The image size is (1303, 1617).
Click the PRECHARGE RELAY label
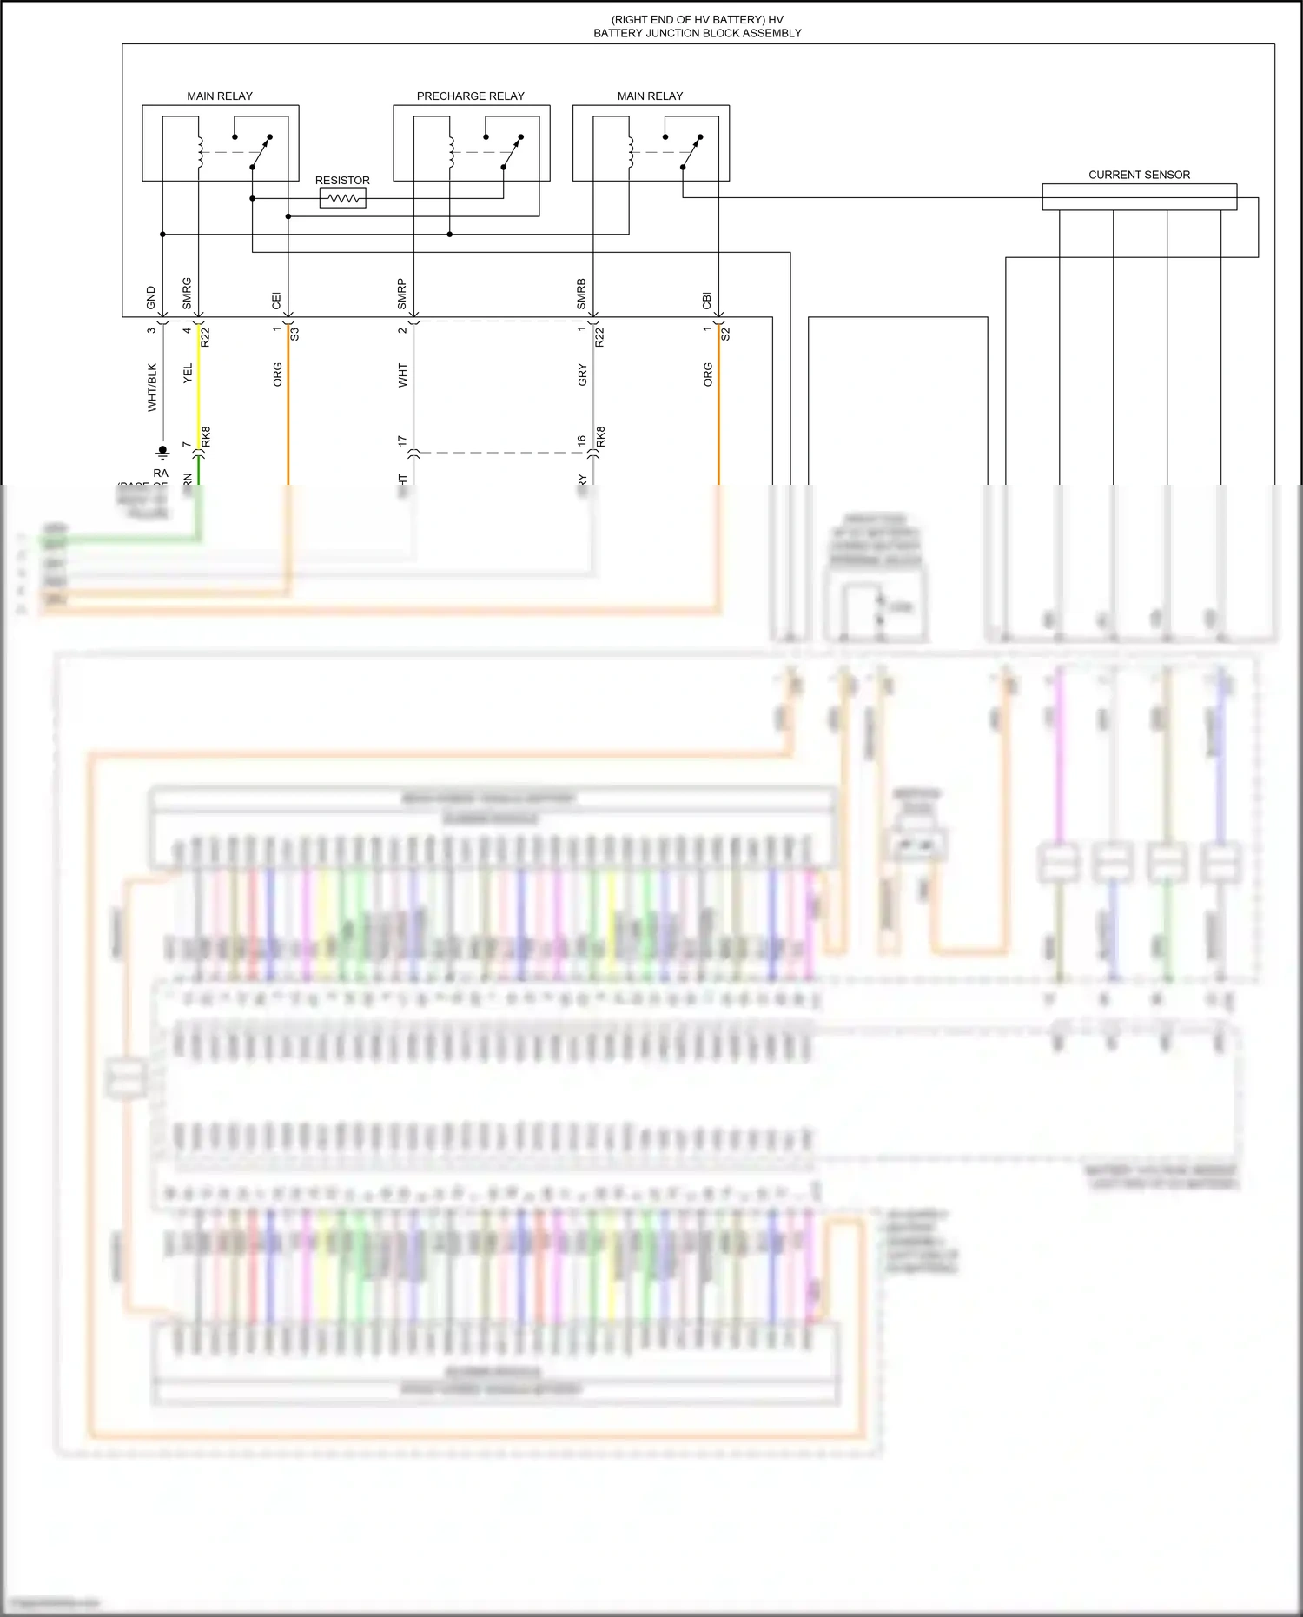click(470, 96)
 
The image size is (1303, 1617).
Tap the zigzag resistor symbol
click(343, 199)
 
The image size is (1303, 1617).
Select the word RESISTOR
click(342, 181)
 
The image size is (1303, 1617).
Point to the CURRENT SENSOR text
click(1139, 175)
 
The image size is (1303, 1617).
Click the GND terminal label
click(151, 298)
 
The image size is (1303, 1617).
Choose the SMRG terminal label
click(187, 294)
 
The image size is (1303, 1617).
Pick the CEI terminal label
click(276, 301)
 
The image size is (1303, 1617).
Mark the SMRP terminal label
click(401, 294)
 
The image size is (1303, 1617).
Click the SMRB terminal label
click(581, 294)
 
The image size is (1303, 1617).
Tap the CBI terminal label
click(707, 301)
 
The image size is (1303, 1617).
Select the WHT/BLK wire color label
click(152, 387)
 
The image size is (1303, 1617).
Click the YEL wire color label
click(188, 374)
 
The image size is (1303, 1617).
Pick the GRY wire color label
click(582, 375)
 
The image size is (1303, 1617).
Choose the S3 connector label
click(295, 333)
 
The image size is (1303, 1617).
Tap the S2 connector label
click(725, 333)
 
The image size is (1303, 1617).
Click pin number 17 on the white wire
click(401, 441)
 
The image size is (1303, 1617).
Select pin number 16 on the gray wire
click(581, 441)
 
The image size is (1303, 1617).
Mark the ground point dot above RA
click(162, 450)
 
